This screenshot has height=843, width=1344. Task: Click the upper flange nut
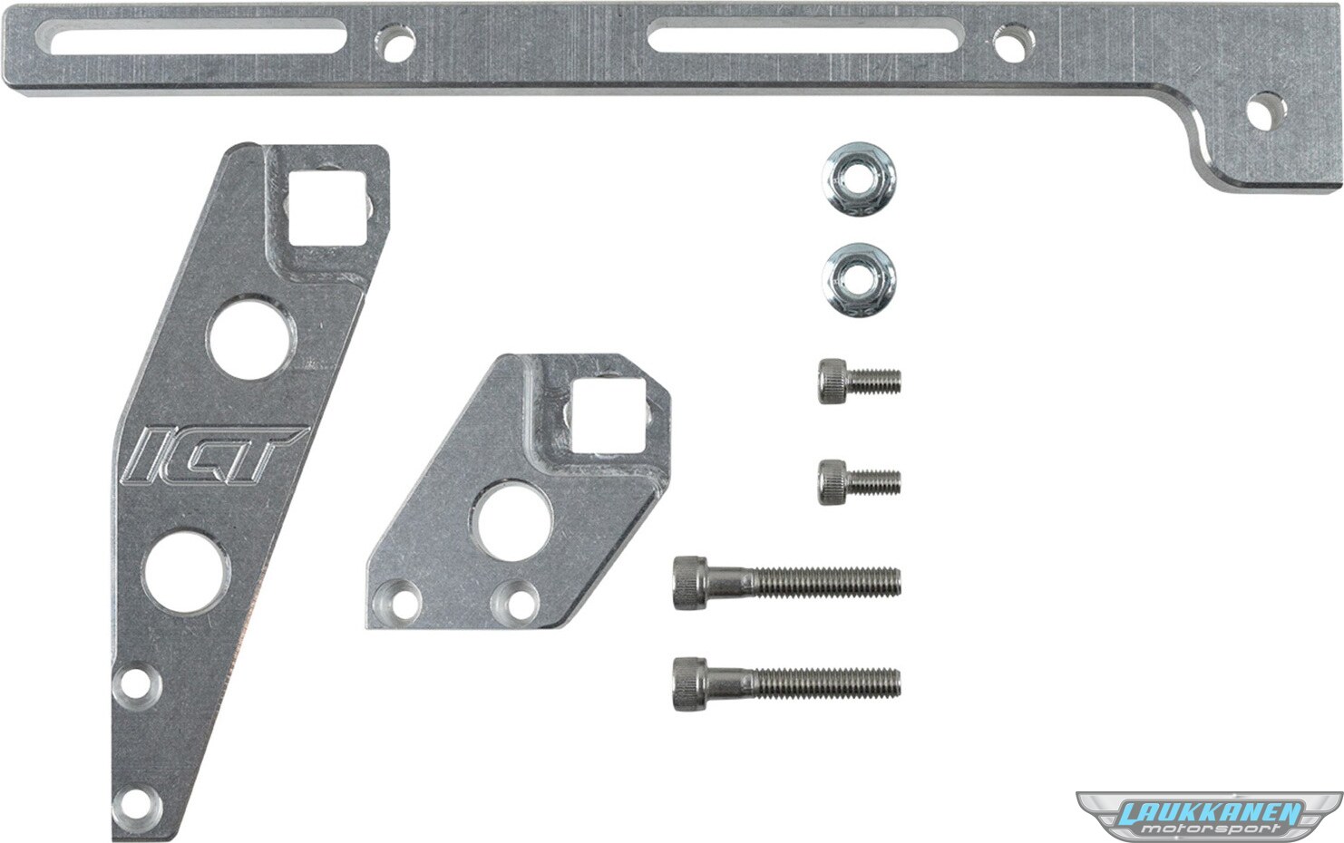click(x=859, y=179)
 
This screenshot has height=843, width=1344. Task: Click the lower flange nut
click(x=859, y=280)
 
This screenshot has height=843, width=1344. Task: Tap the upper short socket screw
click(x=859, y=381)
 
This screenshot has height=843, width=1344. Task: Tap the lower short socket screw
click(x=859, y=482)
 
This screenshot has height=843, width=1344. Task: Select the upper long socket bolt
click(x=786, y=583)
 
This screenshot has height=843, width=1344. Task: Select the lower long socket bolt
click(x=786, y=683)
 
